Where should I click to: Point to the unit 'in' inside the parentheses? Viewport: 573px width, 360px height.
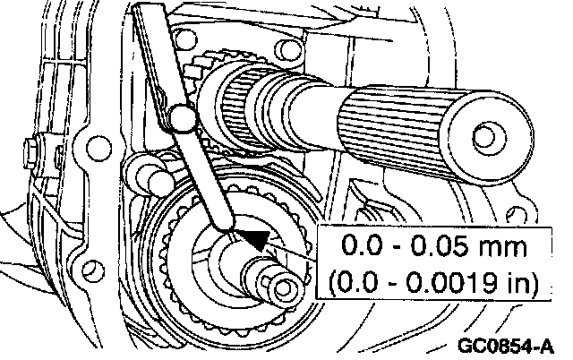tap(514, 282)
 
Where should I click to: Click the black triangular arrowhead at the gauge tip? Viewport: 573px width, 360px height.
tap(253, 238)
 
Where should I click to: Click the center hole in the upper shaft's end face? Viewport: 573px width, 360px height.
tap(487, 136)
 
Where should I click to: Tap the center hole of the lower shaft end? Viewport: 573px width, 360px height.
tap(286, 288)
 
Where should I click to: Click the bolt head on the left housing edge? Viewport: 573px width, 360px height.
tap(33, 143)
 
